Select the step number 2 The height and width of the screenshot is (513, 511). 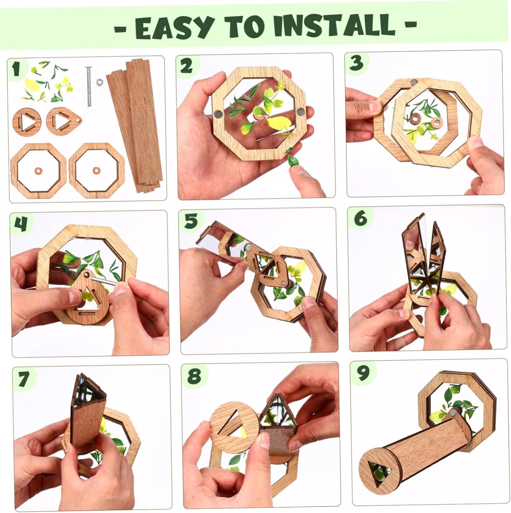tap(186, 66)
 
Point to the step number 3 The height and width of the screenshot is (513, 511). tap(356, 63)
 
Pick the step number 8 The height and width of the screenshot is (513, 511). tap(194, 376)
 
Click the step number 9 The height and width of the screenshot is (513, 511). tap(363, 373)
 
